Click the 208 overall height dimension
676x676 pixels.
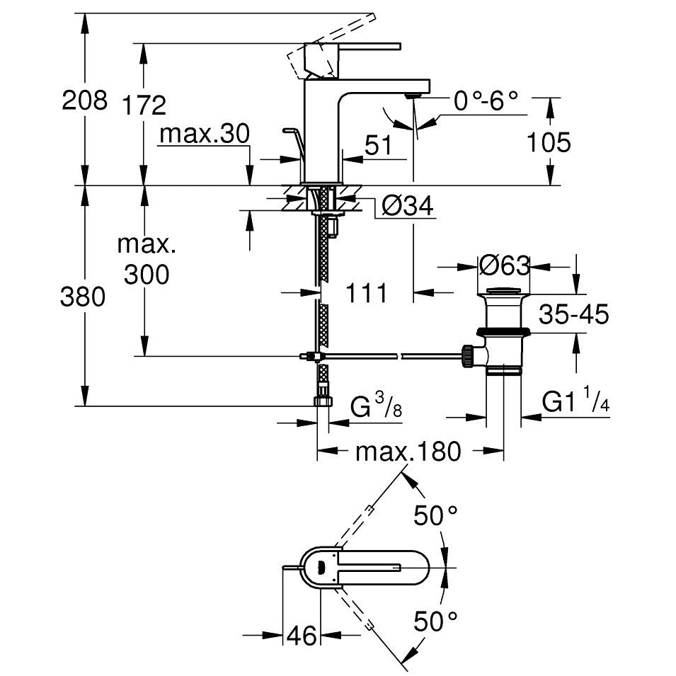pos(84,101)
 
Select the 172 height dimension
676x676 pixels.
pos(144,105)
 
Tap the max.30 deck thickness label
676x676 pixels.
pos(205,134)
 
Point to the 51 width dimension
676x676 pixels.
pos(378,145)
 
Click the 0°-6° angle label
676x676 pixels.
pos(486,101)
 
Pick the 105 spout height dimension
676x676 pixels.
pos(549,142)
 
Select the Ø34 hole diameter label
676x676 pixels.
pos(408,205)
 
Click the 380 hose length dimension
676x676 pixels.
pos(82,297)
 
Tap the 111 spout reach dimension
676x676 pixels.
pos(367,293)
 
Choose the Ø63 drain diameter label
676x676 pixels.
pos(504,265)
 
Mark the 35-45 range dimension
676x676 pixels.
pos(574,314)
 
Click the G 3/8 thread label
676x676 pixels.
pos(376,406)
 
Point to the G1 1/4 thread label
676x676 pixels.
pos(575,400)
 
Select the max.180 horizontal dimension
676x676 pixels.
pos(408,452)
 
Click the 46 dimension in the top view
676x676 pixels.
pos(302,636)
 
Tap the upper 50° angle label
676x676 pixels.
pos(435,515)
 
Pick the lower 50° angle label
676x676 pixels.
pos(435,621)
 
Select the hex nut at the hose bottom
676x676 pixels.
pos(323,402)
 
